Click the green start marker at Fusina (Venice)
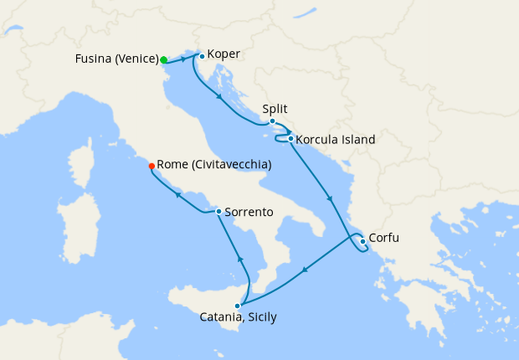[164, 59]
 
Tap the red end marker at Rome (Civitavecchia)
[151, 165]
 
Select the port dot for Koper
[202, 56]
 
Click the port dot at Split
[272, 121]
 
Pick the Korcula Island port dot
[290, 139]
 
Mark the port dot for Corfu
[362, 242]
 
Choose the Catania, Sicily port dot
[238, 306]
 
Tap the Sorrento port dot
[218, 212]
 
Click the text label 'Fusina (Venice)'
[116, 59]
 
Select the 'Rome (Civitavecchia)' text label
[214, 165]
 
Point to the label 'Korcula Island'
[336, 139]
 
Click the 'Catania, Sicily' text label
[238, 318]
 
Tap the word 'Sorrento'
[249, 212]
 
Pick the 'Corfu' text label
[383, 238]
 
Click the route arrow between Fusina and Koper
[183, 59]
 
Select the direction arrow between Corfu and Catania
[304, 270]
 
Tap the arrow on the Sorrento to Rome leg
[177, 196]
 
